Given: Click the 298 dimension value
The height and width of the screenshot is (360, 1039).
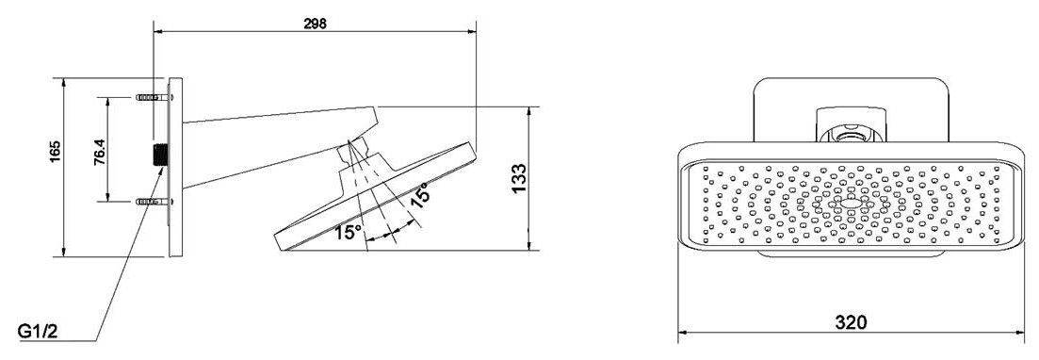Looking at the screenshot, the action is [315, 24].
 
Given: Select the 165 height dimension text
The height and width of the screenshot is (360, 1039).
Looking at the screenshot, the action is [55, 151].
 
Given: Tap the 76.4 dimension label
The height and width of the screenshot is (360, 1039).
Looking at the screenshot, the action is [100, 152].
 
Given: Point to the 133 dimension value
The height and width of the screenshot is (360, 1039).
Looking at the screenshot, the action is [519, 178].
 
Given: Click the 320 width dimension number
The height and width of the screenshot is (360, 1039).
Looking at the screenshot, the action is [851, 323].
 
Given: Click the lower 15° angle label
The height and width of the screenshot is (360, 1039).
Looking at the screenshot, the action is [348, 232].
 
